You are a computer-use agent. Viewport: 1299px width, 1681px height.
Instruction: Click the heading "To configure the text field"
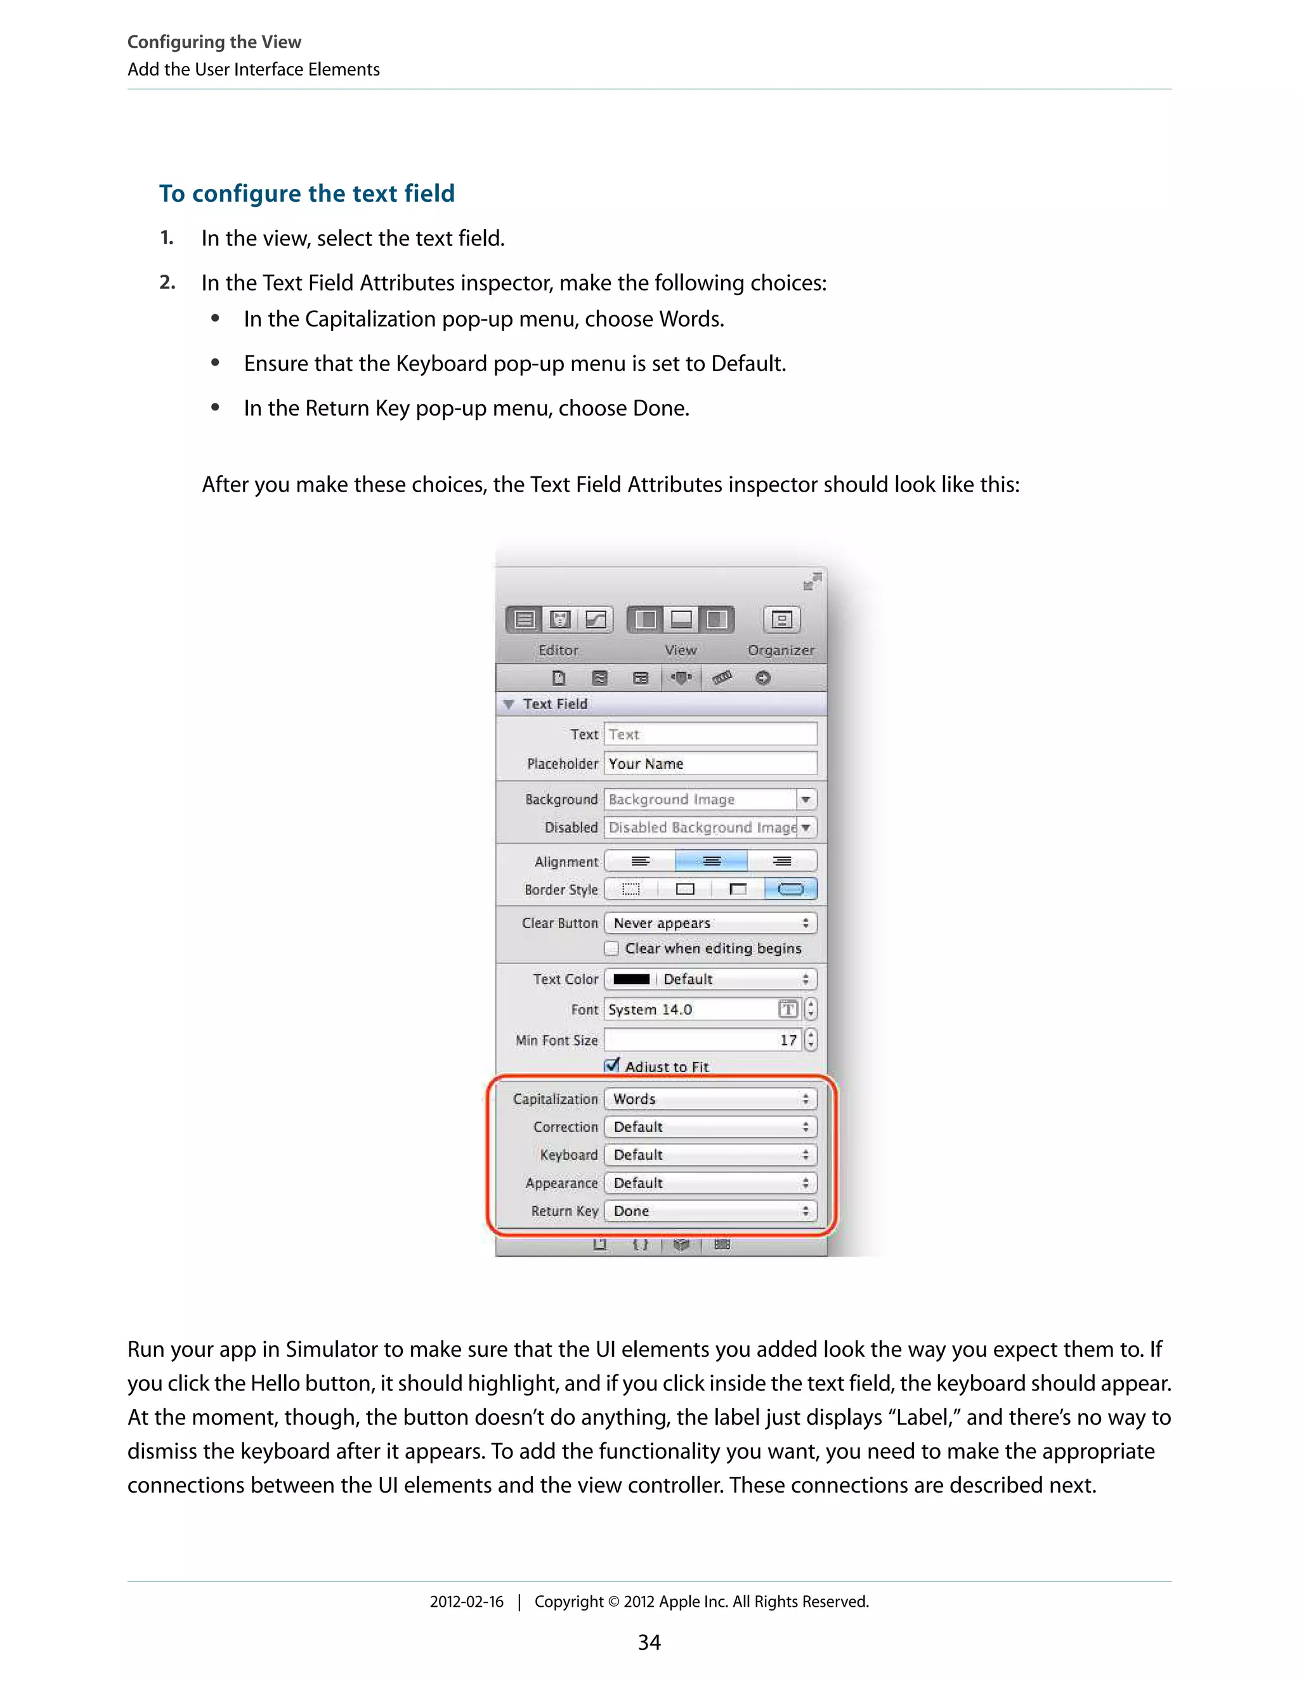pyautogui.click(x=306, y=193)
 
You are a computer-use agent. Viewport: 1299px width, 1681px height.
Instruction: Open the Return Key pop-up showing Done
pyautogui.click(x=710, y=1211)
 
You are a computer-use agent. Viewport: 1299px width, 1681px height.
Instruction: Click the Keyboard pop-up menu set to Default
pyautogui.click(x=710, y=1154)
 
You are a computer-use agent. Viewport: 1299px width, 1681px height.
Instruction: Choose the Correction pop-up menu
pyautogui.click(x=710, y=1127)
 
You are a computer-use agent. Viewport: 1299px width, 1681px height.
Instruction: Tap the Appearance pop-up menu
pyautogui.click(x=710, y=1183)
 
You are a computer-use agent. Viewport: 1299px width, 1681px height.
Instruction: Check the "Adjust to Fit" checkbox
pyautogui.click(x=612, y=1065)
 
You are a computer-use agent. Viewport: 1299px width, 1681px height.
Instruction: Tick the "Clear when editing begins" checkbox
pyautogui.click(x=612, y=948)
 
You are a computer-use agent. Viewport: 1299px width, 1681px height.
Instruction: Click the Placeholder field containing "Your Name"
pyautogui.click(x=710, y=764)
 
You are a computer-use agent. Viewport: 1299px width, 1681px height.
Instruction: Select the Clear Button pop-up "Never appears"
pyautogui.click(x=710, y=923)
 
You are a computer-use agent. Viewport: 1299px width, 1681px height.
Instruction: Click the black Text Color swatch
pyautogui.click(x=631, y=979)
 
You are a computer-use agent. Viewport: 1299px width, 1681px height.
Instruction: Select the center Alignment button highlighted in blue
pyautogui.click(x=711, y=861)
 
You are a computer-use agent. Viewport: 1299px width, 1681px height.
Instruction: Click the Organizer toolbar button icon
pyautogui.click(x=781, y=620)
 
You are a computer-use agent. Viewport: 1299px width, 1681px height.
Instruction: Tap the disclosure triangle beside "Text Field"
pyautogui.click(x=509, y=704)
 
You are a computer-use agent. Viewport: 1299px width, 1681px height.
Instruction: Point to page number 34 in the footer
pyautogui.click(x=649, y=1642)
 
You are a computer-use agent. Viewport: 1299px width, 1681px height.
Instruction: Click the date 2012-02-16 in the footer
pyautogui.click(x=466, y=1602)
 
